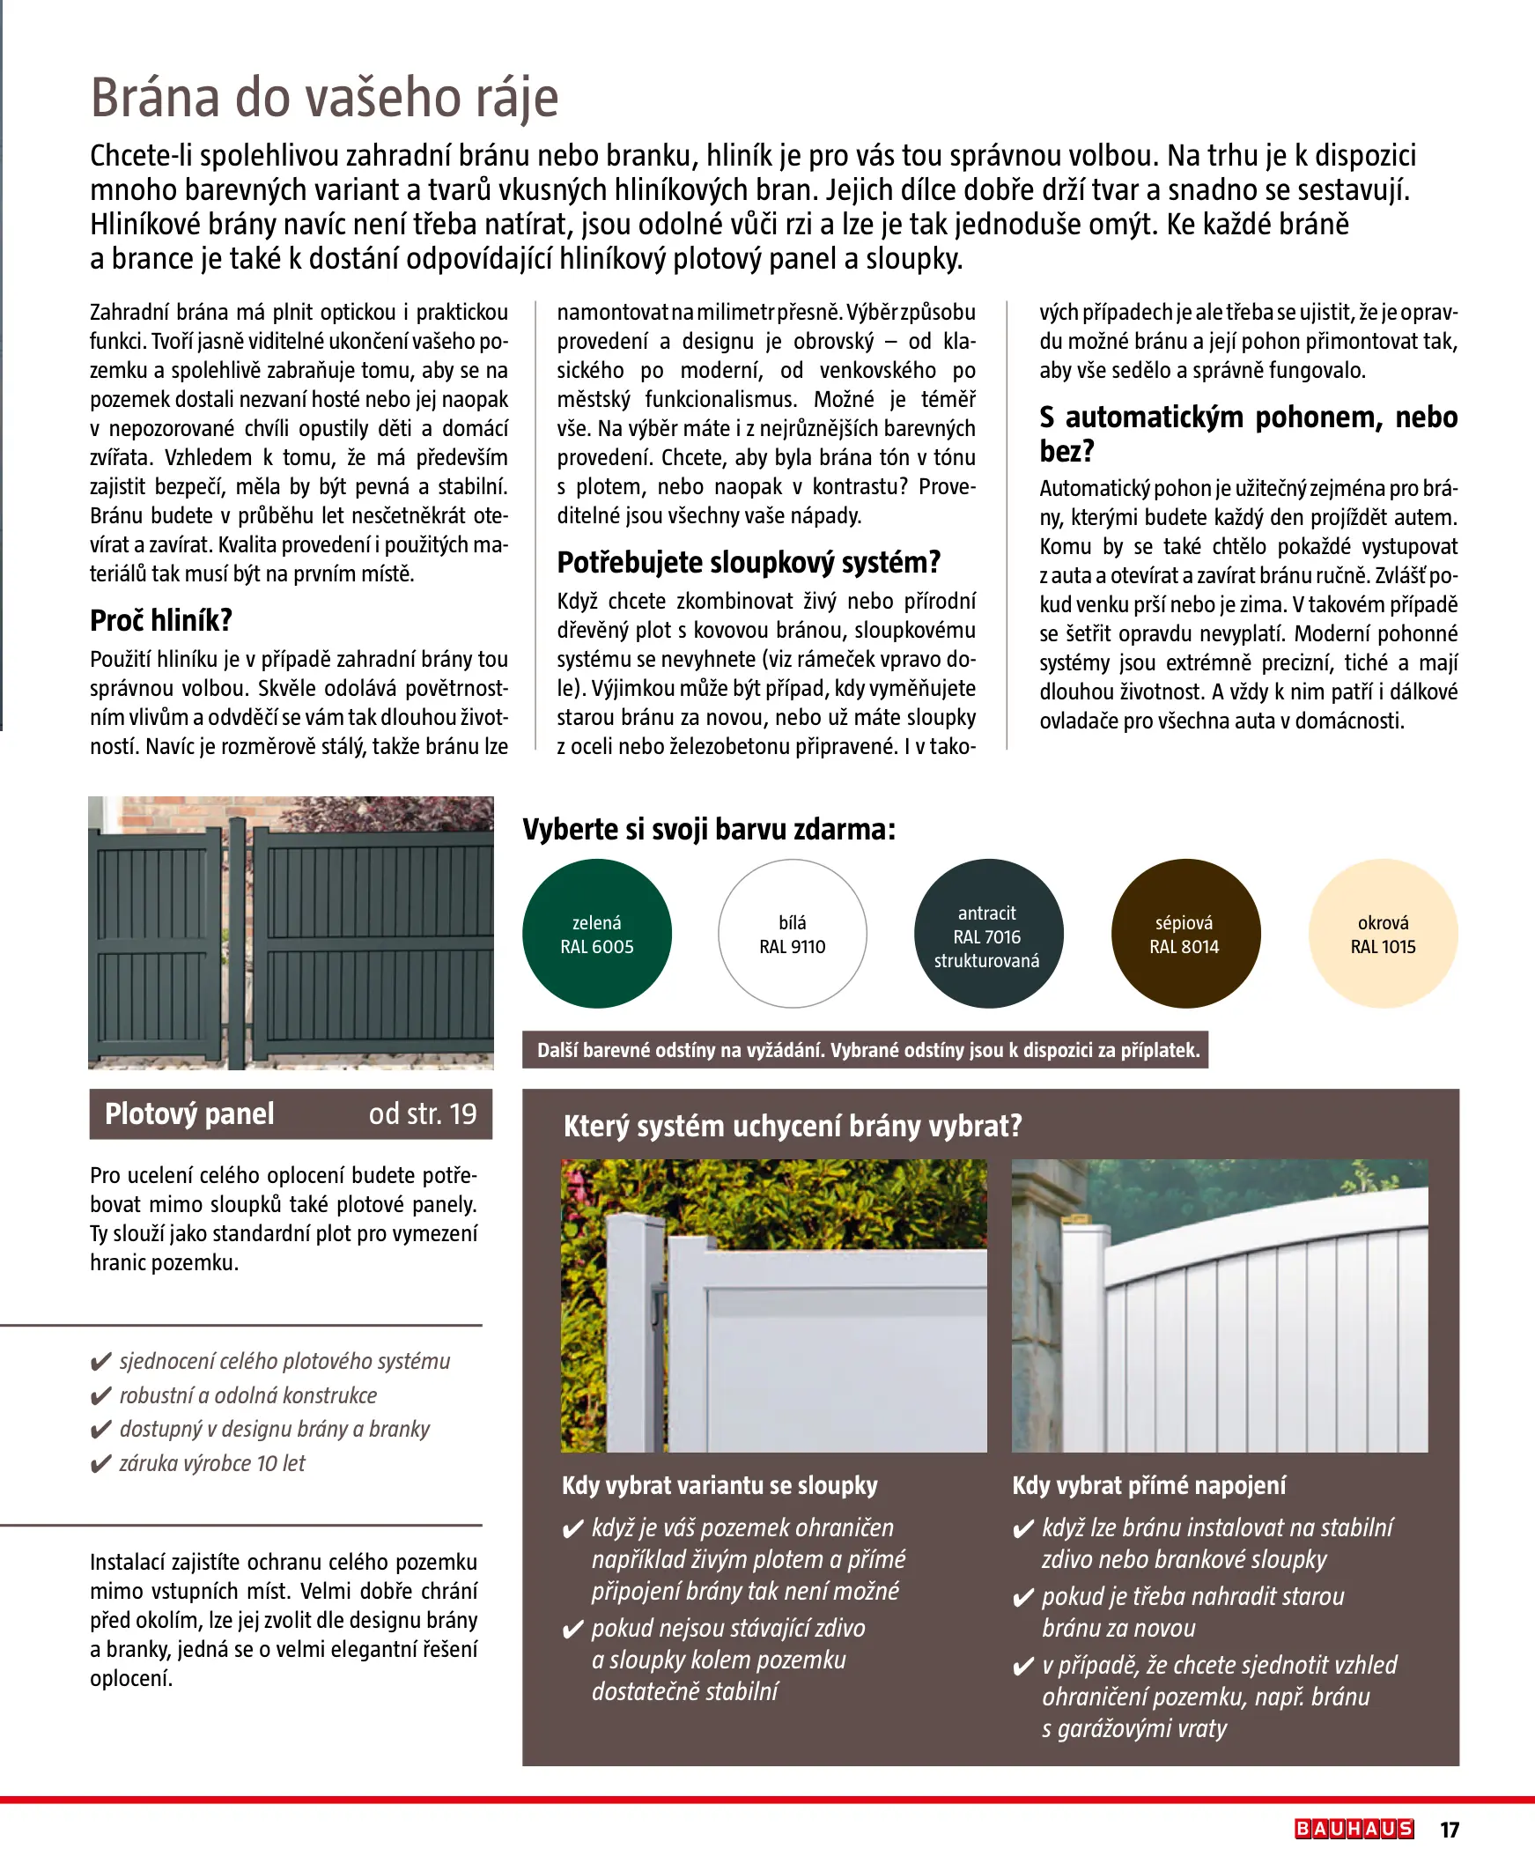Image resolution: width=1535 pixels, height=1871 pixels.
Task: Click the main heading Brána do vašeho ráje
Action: (324, 97)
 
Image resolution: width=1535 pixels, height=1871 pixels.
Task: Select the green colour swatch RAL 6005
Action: (597, 934)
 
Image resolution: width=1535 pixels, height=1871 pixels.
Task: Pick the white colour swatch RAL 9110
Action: (793, 934)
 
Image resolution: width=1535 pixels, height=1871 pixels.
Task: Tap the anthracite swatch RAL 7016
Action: (988, 934)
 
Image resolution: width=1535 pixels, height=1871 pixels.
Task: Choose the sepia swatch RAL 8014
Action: (1184, 934)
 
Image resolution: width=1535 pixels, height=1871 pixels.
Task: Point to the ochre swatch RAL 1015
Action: (1383, 934)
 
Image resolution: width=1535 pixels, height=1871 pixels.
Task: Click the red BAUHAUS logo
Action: (1354, 1829)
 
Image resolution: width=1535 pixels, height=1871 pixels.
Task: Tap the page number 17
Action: (1450, 1830)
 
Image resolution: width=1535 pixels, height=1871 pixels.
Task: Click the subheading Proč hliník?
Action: (161, 621)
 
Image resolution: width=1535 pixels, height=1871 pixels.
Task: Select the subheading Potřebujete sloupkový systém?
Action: (748, 562)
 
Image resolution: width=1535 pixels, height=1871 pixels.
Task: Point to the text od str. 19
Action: (423, 1114)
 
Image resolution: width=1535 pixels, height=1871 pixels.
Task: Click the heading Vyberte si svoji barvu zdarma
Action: (708, 830)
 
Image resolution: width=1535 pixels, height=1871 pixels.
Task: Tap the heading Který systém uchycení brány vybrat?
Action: (793, 1127)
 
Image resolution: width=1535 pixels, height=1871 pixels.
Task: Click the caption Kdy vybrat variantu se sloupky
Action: (720, 1485)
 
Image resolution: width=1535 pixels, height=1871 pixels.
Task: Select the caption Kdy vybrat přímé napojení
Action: (1148, 1485)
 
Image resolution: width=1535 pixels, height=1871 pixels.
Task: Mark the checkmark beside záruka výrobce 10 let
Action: (100, 1464)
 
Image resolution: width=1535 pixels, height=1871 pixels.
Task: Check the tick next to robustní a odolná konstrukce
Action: (100, 1396)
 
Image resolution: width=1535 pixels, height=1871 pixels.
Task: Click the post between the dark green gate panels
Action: (237, 942)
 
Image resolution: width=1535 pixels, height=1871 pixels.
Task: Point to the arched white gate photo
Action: (1220, 1305)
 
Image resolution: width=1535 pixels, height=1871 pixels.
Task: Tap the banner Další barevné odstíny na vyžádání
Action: (865, 1050)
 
